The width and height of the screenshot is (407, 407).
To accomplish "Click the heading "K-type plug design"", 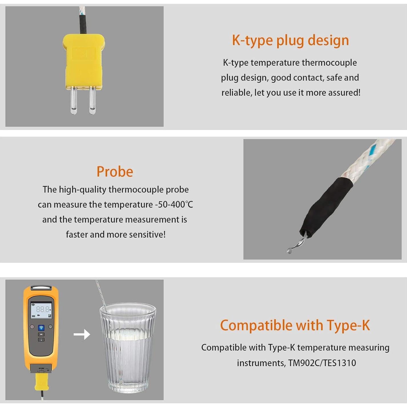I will coord(290,40).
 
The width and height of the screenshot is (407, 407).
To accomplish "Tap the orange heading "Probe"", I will coord(115,172).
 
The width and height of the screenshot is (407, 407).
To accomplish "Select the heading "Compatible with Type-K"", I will coord(295,325).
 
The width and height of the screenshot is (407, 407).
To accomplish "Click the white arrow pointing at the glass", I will coord(82,334).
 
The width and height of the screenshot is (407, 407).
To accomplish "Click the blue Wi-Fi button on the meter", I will coord(41,327).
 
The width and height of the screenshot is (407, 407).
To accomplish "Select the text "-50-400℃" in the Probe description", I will coord(174,205).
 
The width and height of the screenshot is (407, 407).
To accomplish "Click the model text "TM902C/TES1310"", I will coord(322,363).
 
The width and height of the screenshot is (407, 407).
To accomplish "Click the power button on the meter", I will coord(32,327).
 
